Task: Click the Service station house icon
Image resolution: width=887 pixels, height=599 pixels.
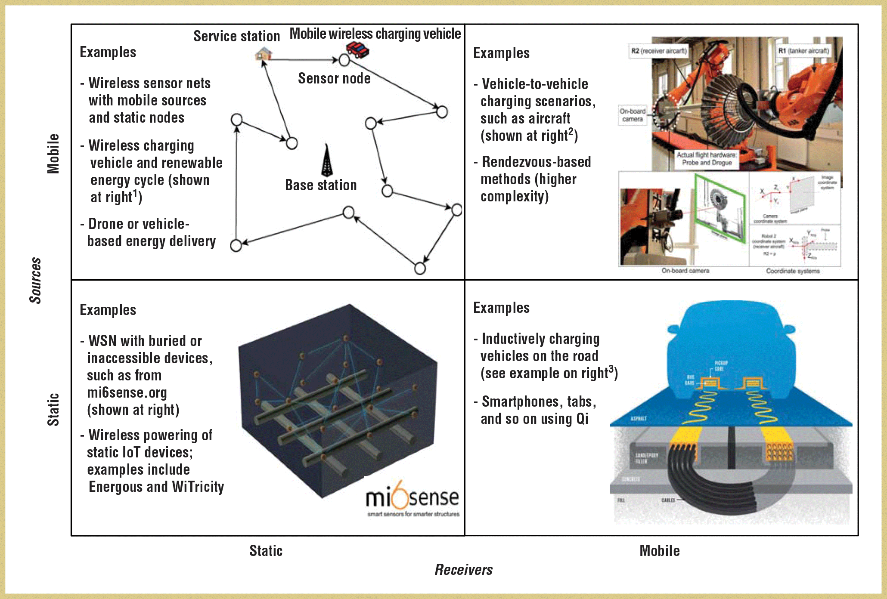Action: pyautogui.click(x=264, y=54)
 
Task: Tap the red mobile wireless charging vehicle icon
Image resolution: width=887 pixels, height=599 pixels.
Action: pyautogui.click(x=358, y=49)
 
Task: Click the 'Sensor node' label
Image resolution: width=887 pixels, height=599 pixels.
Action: pyautogui.click(x=334, y=78)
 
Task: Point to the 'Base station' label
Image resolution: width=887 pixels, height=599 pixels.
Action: pyautogui.click(x=321, y=185)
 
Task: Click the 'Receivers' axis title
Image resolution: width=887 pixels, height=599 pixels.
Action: pyautogui.click(x=463, y=570)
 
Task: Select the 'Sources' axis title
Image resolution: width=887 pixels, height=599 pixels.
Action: pyautogui.click(x=35, y=280)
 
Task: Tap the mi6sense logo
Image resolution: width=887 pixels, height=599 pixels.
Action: pyautogui.click(x=412, y=500)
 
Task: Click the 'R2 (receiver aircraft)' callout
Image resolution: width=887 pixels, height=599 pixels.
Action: pyautogui.click(x=659, y=51)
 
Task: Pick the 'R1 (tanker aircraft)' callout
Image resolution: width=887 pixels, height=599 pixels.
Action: pyautogui.click(x=803, y=51)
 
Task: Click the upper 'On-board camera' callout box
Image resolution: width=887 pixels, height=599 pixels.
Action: pyautogui.click(x=632, y=115)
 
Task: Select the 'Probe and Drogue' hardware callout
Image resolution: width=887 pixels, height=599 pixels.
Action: pyautogui.click(x=707, y=159)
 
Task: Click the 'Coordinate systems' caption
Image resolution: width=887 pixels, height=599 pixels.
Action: pyautogui.click(x=793, y=271)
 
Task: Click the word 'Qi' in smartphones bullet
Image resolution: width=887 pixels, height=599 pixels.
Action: pyautogui.click(x=582, y=419)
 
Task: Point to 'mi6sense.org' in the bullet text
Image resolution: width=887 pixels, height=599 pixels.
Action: pyautogui.click(x=127, y=392)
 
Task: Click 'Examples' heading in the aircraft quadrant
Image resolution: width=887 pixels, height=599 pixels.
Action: pyautogui.click(x=501, y=53)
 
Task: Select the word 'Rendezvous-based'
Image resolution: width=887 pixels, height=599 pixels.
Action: pyautogui.click(x=536, y=162)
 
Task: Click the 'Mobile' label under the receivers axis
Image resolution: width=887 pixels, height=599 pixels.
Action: pyautogui.click(x=659, y=551)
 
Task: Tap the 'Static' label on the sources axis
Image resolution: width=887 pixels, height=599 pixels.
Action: pyautogui.click(x=53, y=409)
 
